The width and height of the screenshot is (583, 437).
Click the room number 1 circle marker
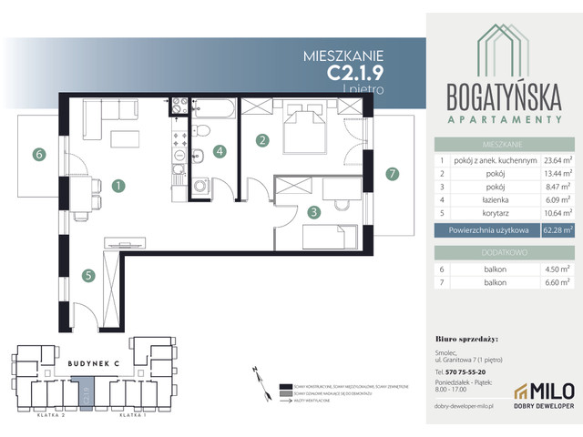(x=118, y=186)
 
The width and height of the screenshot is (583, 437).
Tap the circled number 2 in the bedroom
(x=262, y=140)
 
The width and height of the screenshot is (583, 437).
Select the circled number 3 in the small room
(x=312, y=213)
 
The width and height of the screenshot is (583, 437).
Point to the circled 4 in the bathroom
(x=219, y=152)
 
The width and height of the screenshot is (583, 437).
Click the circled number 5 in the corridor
(x=87, y=274)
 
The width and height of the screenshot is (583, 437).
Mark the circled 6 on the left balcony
(x=38, y=155)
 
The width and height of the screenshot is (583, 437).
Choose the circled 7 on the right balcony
(x=392, y=174)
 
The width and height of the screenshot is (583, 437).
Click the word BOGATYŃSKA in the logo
(x=503, y=97)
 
